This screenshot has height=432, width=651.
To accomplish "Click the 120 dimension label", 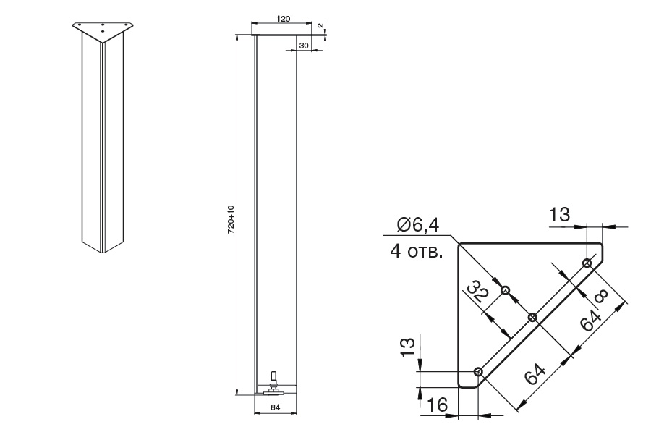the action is coord(283,19).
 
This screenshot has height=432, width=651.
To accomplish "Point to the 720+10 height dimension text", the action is coord(231,219).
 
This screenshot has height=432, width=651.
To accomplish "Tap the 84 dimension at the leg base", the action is coord(276,407).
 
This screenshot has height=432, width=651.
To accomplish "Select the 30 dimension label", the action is coord(304,46).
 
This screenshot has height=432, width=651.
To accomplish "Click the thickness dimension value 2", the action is coord(320,25).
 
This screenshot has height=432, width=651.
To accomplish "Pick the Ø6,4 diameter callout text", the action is coord(417,224).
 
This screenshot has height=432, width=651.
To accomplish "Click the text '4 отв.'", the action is coord(416,252).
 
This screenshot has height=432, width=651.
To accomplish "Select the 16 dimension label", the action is coord(437,405).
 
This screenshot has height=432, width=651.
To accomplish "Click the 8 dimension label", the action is coord(601,296).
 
